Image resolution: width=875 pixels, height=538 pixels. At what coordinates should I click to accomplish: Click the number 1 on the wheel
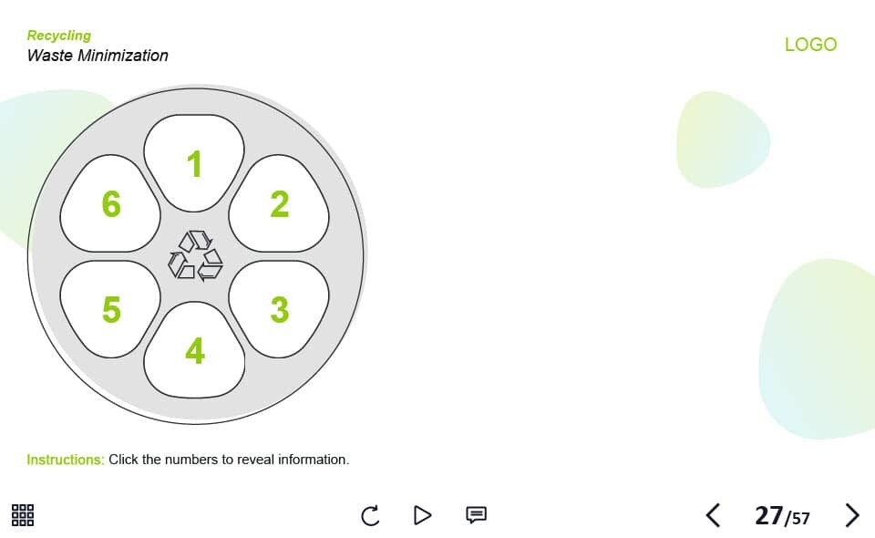[x=194, y=163]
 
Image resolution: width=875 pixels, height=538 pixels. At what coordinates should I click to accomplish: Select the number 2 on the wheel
[x=280, y=203]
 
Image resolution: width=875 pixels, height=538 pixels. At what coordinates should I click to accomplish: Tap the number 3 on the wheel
[x=280, y=309]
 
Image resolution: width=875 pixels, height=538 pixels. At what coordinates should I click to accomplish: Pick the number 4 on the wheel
[x=195, y=351]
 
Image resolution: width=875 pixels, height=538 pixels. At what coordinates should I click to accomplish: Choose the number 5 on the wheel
[x=111, y=309]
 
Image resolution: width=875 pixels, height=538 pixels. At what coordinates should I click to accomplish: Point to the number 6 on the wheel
[x=111, y=203]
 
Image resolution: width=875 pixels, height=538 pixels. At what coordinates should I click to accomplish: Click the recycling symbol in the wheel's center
[x=195, y=255]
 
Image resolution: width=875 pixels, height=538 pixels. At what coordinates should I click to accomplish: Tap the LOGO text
[x=811, y=45]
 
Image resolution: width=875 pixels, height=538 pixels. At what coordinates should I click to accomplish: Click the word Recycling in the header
[x=59, y=36]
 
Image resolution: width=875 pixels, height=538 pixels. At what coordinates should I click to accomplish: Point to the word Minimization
[x=123, y=56]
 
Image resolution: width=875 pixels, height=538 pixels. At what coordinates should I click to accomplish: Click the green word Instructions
[x=66, y=460]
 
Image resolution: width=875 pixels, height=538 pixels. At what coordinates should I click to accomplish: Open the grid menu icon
[x=23, y=515]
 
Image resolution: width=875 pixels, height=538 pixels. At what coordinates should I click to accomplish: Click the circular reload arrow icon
[x=370, y=516]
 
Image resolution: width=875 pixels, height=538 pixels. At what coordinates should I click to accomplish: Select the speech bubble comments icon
[x=476, y=514]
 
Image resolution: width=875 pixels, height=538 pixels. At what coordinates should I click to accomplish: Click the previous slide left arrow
[x=713, y=515]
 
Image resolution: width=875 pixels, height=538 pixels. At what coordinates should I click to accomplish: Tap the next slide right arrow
[x=852, y=515]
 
